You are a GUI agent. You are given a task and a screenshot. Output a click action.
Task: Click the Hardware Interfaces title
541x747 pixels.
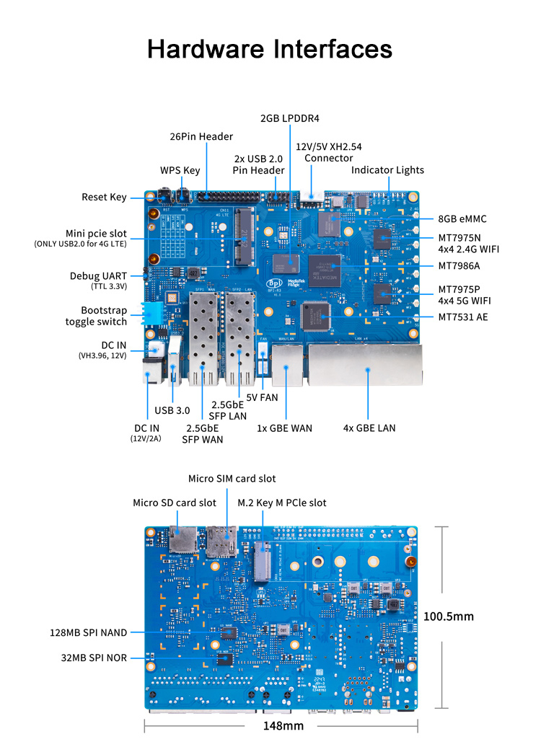pos(270,48)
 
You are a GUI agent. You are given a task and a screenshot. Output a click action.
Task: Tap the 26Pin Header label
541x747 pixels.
pos(201,136)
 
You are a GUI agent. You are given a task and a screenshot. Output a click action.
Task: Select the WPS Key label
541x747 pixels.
pos(180,170)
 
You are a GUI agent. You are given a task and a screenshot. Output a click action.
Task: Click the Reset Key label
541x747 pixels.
pos(104,197)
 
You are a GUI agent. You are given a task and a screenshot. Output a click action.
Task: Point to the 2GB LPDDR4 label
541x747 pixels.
pos(290,118)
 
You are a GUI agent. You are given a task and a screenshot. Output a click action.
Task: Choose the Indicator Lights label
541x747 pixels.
pos(387,170)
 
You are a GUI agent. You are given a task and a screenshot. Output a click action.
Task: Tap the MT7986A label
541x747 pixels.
pos(459,265)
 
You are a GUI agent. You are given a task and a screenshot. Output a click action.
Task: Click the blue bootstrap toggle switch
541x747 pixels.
pos(154,313)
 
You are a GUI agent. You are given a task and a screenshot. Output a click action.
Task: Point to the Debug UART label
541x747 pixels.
pos(98,275)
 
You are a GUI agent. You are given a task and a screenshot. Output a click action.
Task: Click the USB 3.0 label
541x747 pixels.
pos(172,410)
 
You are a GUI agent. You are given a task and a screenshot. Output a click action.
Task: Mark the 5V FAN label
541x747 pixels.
pos(262,397)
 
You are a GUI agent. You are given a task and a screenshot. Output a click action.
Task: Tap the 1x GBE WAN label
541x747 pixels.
pos(284,428)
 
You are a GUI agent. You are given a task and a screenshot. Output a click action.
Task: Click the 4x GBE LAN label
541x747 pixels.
pos(369,428)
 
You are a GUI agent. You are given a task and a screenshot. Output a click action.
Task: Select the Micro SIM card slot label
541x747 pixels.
pos(232,478)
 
